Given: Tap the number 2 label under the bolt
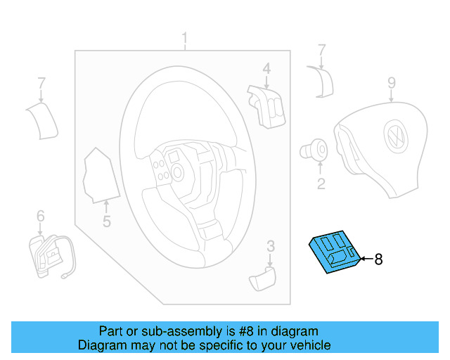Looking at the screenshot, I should tap(321, 185).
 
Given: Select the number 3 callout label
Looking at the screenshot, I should tap(270, 245).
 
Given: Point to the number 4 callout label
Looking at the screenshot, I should tap(266, 68).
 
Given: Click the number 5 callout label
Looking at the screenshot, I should tap(106, 222).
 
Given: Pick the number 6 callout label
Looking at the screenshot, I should tap(40, 215).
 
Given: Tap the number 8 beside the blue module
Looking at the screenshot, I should tap(378, 259).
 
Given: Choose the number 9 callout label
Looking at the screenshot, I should tap(392, 83).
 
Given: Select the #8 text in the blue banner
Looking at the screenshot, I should tap(240, 331).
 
